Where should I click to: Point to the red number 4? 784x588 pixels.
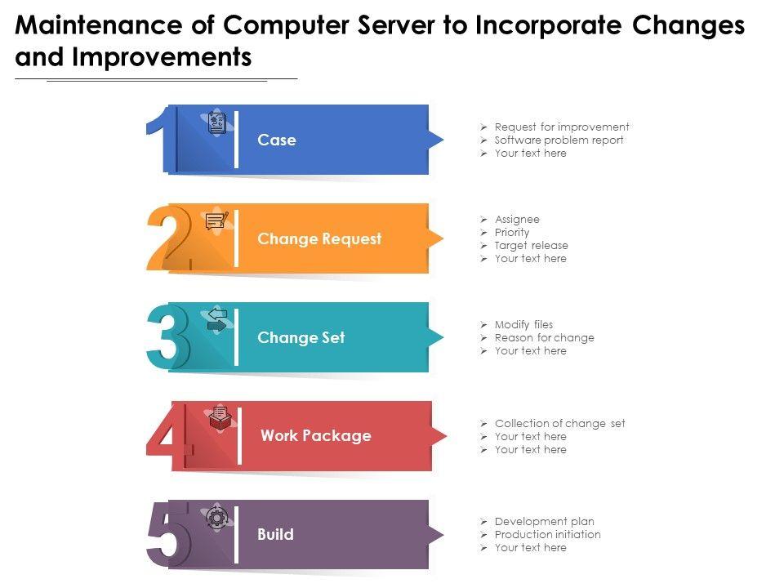169,434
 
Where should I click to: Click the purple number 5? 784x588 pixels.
168,534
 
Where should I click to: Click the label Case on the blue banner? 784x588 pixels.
277,140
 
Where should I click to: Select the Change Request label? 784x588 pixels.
319,239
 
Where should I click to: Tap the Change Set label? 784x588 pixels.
301,338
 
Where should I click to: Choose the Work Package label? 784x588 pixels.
315,436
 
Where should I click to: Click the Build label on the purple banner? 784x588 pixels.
275,535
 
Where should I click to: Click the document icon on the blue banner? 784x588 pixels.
216,123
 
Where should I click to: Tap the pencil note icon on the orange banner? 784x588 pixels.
216,221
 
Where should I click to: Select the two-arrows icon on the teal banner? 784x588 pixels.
217,320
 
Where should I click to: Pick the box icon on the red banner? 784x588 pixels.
220,419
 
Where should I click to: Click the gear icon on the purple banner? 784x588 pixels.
216,518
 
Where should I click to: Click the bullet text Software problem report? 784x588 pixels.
559,140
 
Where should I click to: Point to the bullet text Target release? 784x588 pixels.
531,245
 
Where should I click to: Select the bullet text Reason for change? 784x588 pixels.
544,337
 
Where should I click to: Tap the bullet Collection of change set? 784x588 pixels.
559,423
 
